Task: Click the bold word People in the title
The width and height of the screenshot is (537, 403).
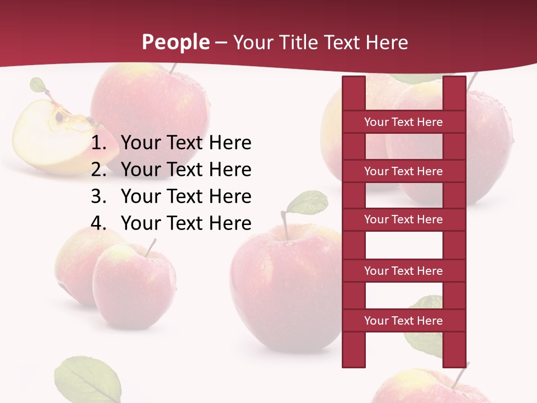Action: pos(175,42)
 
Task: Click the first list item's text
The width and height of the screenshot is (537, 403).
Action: pos(186,143)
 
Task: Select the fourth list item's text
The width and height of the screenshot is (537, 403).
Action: pos(186,223)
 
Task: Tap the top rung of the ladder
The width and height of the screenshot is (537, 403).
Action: pos(403,122)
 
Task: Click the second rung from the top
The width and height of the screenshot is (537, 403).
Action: pos(403,171)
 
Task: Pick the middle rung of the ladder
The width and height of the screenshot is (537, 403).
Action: pos(403,220)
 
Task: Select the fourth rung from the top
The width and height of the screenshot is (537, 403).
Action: pos(403,271)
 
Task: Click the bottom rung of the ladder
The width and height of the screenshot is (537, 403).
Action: pos(403,321)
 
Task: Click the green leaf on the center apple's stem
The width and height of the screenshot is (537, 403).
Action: pos(308,201)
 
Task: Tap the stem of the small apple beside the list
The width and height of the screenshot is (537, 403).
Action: pos(151,247)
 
